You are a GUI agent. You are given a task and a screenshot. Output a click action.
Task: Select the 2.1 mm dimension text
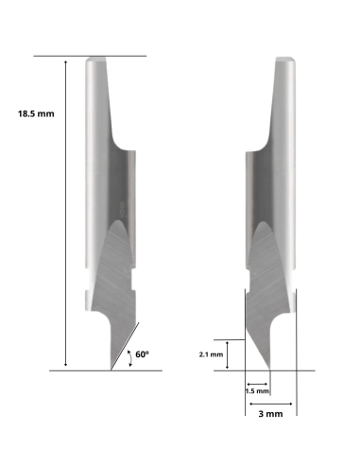[x=212, y=354]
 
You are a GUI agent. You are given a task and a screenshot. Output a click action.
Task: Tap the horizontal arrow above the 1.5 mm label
[x=256, y=379]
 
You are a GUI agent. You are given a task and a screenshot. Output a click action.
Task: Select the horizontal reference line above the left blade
[x=90, y=56]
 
